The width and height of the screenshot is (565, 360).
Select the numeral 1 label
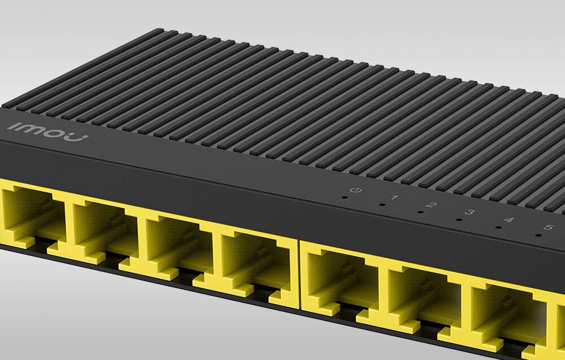(394, 197)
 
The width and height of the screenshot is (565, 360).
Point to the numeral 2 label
(433, 205)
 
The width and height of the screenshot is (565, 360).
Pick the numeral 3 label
(470, 213)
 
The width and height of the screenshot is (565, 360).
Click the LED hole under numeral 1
(382, 205)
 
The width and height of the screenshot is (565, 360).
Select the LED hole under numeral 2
(420, 212)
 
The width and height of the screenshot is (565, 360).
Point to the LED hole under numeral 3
(459, 220)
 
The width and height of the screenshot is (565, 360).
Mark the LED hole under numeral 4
(497, 228)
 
